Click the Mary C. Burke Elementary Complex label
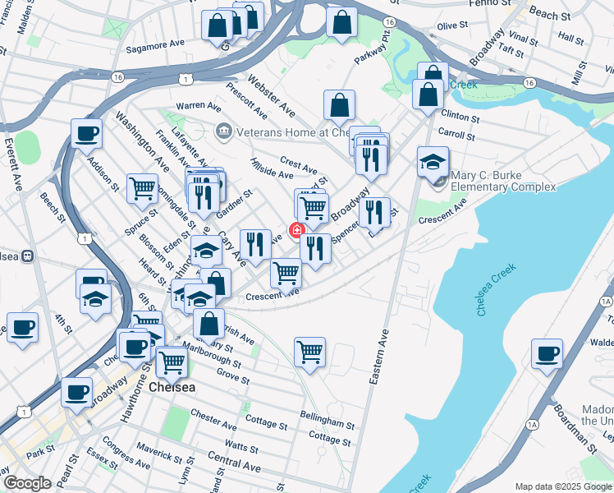503,181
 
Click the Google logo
27,483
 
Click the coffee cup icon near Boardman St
546,355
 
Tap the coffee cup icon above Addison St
86,133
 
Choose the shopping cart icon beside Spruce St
143,188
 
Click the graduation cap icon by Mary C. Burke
433,162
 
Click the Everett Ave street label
14,164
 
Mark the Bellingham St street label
326,422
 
